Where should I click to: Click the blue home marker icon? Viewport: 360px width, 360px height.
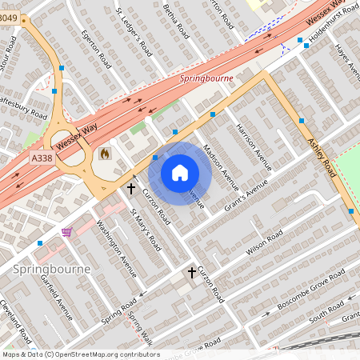180,173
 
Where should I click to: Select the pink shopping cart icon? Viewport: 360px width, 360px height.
66,232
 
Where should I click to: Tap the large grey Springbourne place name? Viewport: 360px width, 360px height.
52,270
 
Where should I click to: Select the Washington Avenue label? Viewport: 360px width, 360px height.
110,242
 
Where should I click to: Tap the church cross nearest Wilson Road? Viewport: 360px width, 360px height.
192,273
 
